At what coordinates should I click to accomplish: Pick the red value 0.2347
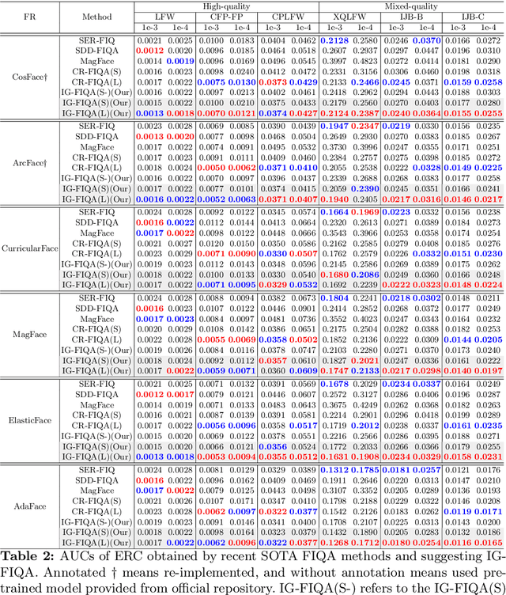pyautogui.click(x=364, y=125)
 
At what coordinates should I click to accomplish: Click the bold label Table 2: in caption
pyautogui.click(x=29, y=554)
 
